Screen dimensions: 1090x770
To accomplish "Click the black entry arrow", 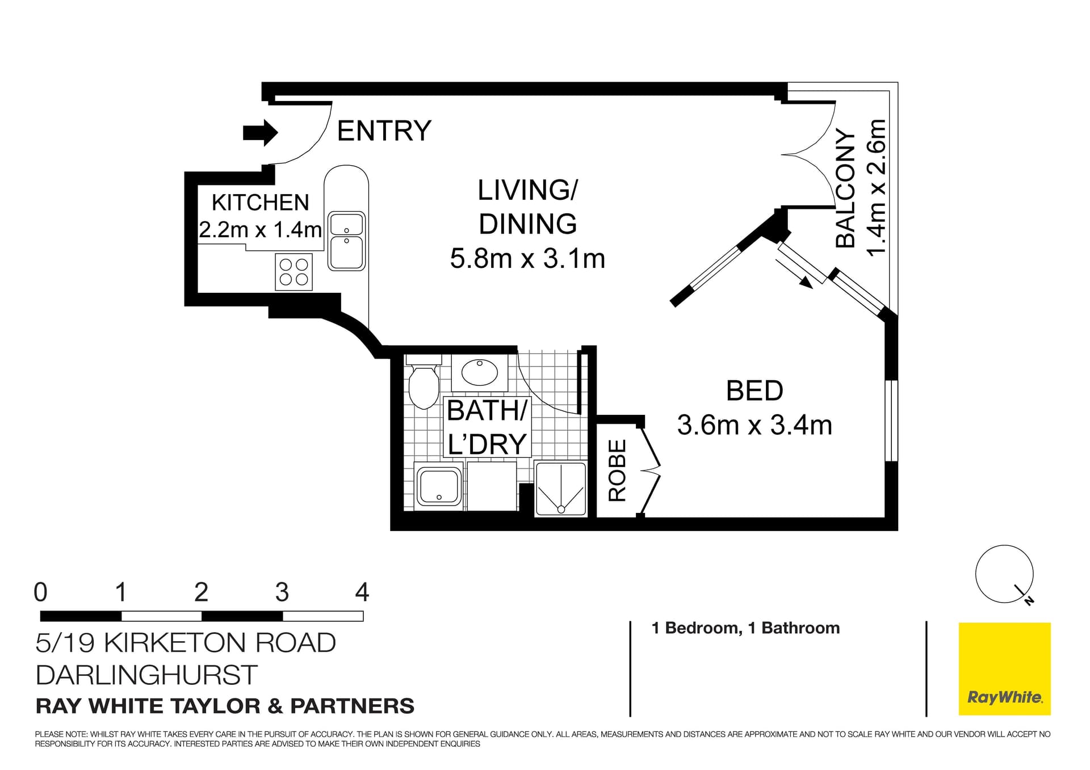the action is pyautogui.click(x=261, y=133).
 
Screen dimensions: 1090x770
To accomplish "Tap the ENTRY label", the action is pyautogui.click(x=384, y=131).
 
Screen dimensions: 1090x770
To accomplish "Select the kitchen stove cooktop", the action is pyautogui.click(x=294, y=272).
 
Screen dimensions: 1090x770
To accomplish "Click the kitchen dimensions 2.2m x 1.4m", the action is pyautogui.click(x=261, y=230).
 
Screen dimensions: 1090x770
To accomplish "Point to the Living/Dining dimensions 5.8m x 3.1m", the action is pyautogui.click(x=527, y=259).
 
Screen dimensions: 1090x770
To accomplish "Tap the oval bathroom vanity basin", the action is pyautogui.click(x=480, y=372).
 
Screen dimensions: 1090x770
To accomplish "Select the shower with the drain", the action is pyautogui.click(x=560, y=489).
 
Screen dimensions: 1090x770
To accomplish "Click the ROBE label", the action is pyautogui.click(x=617, y=470).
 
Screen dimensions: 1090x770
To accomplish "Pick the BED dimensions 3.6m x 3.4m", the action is pyautogui.click(x=754, y=425).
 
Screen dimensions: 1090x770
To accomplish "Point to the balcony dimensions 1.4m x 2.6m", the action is pyautogui.click(x=877, y=188).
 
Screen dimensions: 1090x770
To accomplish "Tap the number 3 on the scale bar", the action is pyautogui.click(x=282, y=592).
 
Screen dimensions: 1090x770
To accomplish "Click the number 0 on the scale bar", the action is pyautogui.click(x=40, y=592).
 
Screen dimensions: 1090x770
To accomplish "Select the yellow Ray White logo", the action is pyautogui.click(x=1004, y=669).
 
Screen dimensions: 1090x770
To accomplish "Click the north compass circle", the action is pyautogui.click(x=1004, y=574).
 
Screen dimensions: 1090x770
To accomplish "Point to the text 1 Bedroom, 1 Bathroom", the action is pyautogui.click(x=745, y=628).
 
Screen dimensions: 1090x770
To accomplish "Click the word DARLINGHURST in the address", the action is pyautogui.click(x=146, y=675).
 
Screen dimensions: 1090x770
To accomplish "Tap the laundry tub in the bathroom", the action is pyautogui.click(x=439, y=487).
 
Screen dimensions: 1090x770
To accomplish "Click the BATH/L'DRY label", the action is pyautogui.click(x=487, y=427).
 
